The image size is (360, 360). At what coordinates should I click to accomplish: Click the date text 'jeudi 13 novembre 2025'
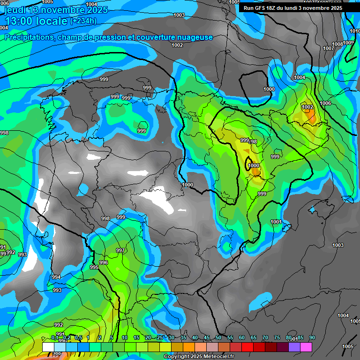(x=56, y=10)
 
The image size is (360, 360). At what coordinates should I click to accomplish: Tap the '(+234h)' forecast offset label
(x=83, y=21)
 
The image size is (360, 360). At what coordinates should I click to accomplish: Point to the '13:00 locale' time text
(x=36, y=21)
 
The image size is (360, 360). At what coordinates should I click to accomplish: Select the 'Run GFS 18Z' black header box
(x=292, y=7)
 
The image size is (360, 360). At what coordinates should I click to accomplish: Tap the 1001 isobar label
(x=276, y=222)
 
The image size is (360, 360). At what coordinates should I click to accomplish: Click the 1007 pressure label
(x=329, y=49)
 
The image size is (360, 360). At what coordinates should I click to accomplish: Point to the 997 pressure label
(x=120, y=250)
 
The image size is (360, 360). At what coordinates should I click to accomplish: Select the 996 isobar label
(x=104, y=262)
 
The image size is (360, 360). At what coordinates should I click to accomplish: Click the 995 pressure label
(x=94, y=267)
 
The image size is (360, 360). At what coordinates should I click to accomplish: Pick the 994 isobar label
(x=56, y=277)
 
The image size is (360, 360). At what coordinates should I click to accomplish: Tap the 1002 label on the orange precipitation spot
(x=307, y=107)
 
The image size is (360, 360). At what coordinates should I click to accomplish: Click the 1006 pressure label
(x=325, y=103)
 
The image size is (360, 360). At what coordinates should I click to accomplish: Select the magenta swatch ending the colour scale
(x=306, y=347)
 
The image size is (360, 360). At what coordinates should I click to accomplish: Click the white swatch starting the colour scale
(x=48, y=347)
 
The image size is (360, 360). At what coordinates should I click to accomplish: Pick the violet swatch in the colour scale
(x=294, y=347)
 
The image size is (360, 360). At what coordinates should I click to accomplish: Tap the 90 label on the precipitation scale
(x=312, y=337)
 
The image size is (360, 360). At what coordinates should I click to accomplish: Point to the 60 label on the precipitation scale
(x=242, y=337)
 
